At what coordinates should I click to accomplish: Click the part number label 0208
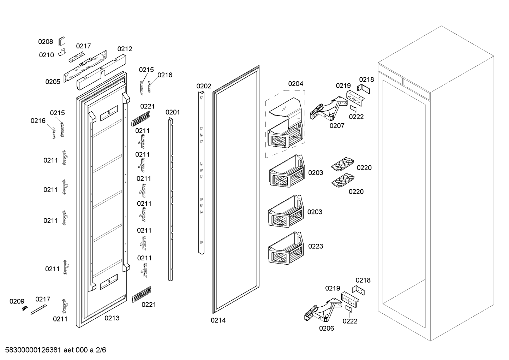pyautogui.click(x=46, y=42)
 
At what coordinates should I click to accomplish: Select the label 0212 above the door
pyautogui.click(x=125, y=49)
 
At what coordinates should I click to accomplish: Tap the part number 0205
pyautogui.click(x=53, y=82)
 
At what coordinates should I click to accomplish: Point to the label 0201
pyautogui.click(x=173, y=112)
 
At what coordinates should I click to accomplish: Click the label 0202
pyautogui.click(x=204, y=86)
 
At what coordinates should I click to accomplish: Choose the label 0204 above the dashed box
pyautogui.click(x=295, y=84)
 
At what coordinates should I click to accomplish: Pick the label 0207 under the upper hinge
pyautogui.click(x=337, y=125)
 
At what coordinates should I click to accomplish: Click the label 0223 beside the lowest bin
pyautogui.click(x=316, y=246)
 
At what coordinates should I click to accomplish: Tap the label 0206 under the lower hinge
pyautogui.click(x=327, y=328)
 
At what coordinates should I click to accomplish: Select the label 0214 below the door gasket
pyautogui.click(x=218, y=320)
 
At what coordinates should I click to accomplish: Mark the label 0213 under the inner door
pyautogui.click(x=112, y=318)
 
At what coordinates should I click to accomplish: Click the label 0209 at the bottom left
pyautogui.click(x=17, y=301)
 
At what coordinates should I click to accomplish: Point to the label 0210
pyautogui.click(x=46, y=55)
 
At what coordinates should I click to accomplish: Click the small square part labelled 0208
pyautogui.click(x=62, y=41)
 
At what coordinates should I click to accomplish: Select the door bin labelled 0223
pyautogui.click(x=285, y=248)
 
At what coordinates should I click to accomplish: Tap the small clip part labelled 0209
pyautogui.click(x=25, y=308)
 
